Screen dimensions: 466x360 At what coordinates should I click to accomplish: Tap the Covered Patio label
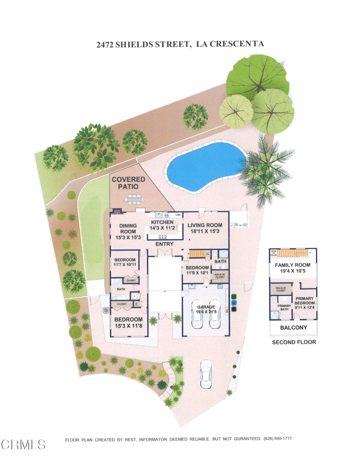tap(129, 183)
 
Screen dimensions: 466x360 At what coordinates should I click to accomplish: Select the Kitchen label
tap(162, 223)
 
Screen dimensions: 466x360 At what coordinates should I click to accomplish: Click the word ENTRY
tap(164, 244)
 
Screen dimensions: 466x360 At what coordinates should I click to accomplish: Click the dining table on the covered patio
tap(135, 199)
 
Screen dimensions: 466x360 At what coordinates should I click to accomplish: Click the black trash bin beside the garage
tap(233, 309)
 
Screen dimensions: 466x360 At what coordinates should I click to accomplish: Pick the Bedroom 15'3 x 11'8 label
tap(128, 323)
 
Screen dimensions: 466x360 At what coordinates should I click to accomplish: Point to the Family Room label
tap(293, 265)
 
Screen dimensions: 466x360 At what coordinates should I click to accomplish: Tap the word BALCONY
tap(294, 328)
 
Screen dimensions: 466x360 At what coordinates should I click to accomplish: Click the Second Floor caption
tap(294, 342)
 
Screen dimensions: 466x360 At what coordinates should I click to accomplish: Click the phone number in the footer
tap(277, 438)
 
